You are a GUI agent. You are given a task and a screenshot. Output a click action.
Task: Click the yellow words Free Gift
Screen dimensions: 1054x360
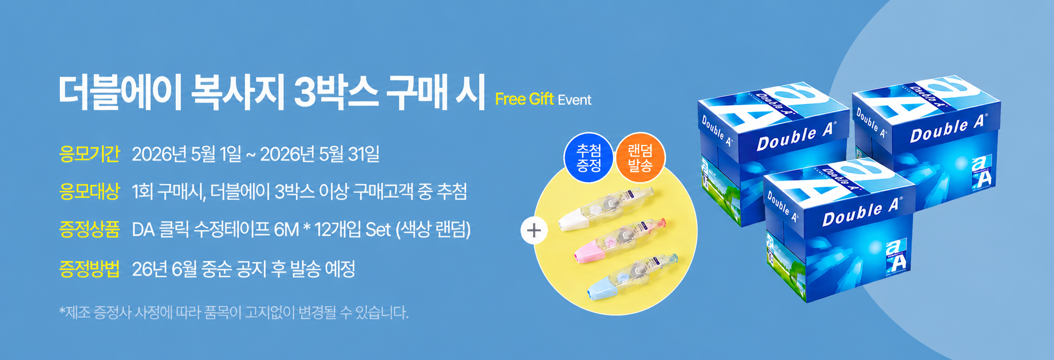pyautogui.click(x=525, y=99)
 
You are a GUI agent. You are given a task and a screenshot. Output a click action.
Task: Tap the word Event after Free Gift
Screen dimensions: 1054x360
pyautogui.click(x=575, y=100)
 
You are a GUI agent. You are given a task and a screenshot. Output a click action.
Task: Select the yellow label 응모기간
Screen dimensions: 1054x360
pyautogui.click(x=89, y=154)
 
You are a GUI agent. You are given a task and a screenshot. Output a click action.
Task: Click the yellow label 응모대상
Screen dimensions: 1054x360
pyautogui.click(x=89, y=191)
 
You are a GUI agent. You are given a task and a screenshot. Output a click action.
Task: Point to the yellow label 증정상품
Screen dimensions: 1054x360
pyautogui.click(x=89, y=229)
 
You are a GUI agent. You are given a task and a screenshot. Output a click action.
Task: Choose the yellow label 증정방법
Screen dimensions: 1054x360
pyautogui.click(x=89, y=269)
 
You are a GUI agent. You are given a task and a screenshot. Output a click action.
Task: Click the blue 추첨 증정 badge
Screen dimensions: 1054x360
pyautogui.click(x=588, y=158)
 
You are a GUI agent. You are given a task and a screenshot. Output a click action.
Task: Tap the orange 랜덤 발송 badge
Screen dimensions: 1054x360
pyautogui.click(x=640, y=158)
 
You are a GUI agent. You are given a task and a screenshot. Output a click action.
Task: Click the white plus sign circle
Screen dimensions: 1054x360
pyautogui.click(x=534, y=230)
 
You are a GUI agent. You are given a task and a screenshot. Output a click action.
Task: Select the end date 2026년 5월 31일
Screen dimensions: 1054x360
pyautogui.click(x=320, y=154)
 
